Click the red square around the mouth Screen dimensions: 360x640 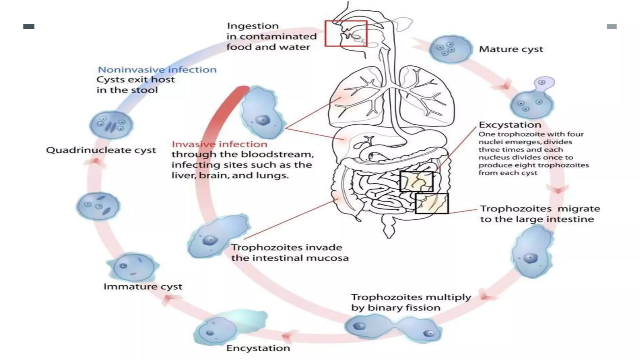coord(346,33)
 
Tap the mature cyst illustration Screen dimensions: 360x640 coord(450,49)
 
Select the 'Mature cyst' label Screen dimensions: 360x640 coord(511,49)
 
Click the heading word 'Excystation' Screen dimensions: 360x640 coord(510,125)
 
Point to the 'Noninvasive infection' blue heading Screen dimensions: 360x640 coord(157,70)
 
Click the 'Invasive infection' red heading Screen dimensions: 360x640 coord(219,144)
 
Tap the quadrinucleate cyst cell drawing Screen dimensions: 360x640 coord(111,125)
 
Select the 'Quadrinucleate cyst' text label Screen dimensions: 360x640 coord(101,150)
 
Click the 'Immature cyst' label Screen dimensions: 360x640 coord(143,287)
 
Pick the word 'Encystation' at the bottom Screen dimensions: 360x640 coord(258,348)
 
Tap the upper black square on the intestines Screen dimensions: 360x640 coord(416,181)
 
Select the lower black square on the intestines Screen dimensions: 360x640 coord(432,203)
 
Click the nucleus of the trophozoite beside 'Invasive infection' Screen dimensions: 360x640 coord(262,120)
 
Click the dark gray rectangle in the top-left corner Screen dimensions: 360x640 coord(29,27)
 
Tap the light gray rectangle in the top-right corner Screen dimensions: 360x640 coord(611,27)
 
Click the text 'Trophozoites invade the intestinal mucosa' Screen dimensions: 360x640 coord(289,252)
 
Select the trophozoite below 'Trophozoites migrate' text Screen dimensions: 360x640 coord(532,252)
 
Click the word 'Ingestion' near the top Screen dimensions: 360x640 coord(252,26)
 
